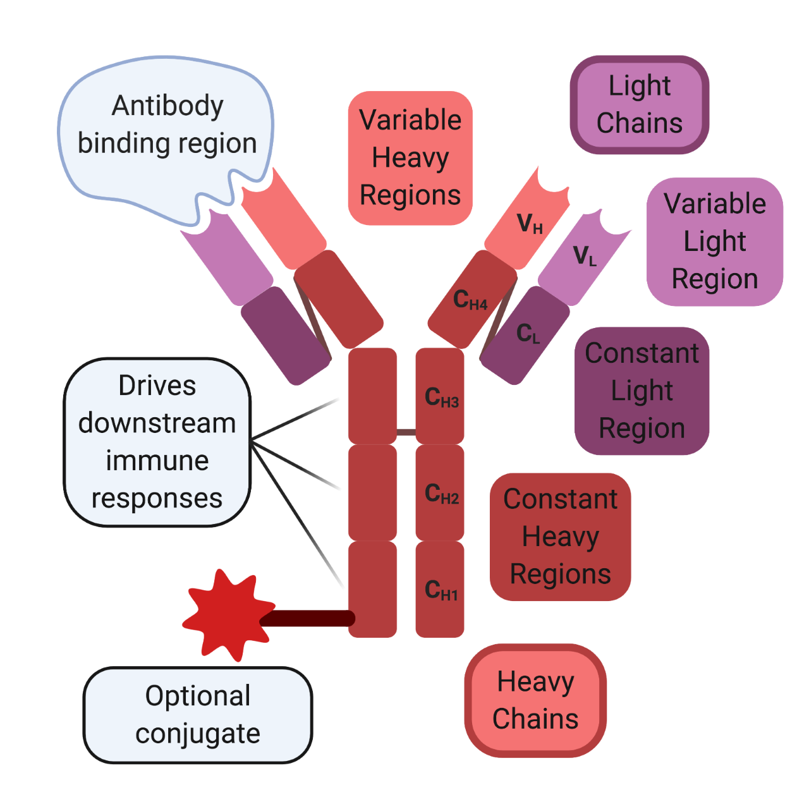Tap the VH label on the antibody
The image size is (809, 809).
[530, 224]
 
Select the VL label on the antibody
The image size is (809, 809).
[585, 257]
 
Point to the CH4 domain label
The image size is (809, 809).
[470, 300]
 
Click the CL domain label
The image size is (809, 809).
[528, 334]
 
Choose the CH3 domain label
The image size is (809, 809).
[441, 398]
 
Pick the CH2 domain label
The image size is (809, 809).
[441, 494]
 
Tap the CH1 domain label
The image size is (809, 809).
[441, 590]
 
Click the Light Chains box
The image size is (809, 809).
[640, 105]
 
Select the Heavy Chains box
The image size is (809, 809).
[535, 700]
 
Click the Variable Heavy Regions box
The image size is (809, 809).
[410, 158]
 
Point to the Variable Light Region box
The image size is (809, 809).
[715, 241]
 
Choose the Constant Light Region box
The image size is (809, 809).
[642, 391]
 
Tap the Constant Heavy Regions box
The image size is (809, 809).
[560, 537]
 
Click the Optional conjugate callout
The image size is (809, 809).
[198, 715]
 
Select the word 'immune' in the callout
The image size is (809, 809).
[157, 461]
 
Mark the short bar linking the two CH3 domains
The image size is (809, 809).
[406, 432]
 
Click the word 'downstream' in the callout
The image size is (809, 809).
[157, 423]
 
